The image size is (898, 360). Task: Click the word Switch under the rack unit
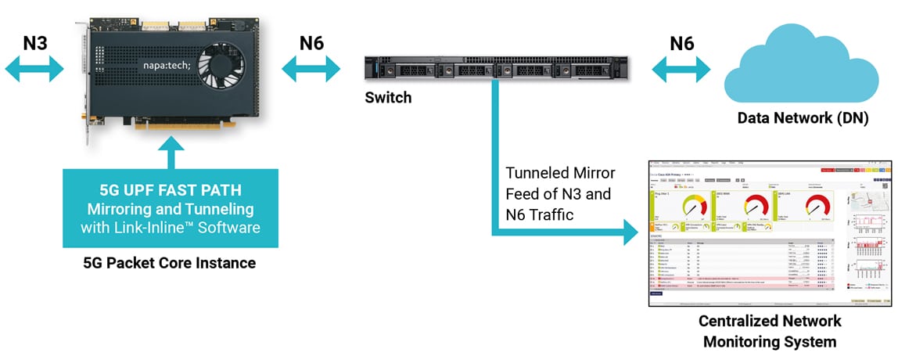[x=388, y=99]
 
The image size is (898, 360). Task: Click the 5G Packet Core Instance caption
[x=170, y=264]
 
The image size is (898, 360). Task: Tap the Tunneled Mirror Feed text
[x=560, y=193]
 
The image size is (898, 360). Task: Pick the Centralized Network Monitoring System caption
[x=770, y=332]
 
